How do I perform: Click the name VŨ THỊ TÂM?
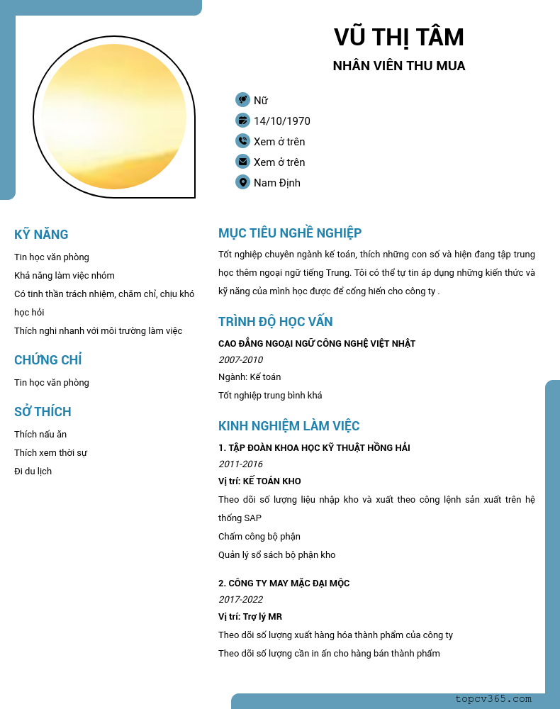(398, 37)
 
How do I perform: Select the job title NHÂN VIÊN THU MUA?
(398, 66)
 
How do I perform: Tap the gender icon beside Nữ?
(242, 100)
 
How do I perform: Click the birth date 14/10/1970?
(281, 121)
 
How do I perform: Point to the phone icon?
(242, 141)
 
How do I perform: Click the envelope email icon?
(242, 162)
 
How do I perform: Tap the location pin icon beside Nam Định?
(242, 182)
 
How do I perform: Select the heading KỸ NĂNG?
(41, 235)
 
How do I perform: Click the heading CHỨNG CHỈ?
(47, 360)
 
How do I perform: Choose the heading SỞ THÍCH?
(43, 412)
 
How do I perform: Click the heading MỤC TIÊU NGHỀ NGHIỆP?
(290, 233)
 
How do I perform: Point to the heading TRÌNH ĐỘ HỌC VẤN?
(275, 322)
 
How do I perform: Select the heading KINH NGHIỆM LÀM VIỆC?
(289, 426)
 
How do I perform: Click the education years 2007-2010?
(240, 360)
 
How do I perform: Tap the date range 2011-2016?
(240, 464)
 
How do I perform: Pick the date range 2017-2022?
(240, 600)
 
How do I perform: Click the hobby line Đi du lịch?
(33, 471)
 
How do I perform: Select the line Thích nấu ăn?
(40, 435)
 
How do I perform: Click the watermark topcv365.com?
(493, 699)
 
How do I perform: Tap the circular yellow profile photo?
(113, 117)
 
